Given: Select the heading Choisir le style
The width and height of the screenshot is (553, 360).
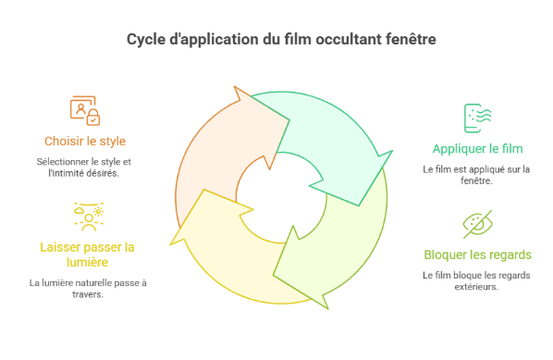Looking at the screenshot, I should (x=85, y=142).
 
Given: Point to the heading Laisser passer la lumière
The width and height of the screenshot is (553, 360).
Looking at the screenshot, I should (x=87, y=254).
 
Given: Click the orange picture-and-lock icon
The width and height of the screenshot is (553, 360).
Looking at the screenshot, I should (x=85, y=109).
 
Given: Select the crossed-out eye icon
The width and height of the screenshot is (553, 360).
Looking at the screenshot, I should (x=476, y=225).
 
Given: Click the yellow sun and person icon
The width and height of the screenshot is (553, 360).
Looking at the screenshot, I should (x=86, y=216).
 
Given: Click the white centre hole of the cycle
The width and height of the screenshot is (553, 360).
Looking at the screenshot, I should (x=280, y=194).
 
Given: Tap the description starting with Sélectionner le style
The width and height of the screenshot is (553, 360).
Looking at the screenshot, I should (x=86, y=167).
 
